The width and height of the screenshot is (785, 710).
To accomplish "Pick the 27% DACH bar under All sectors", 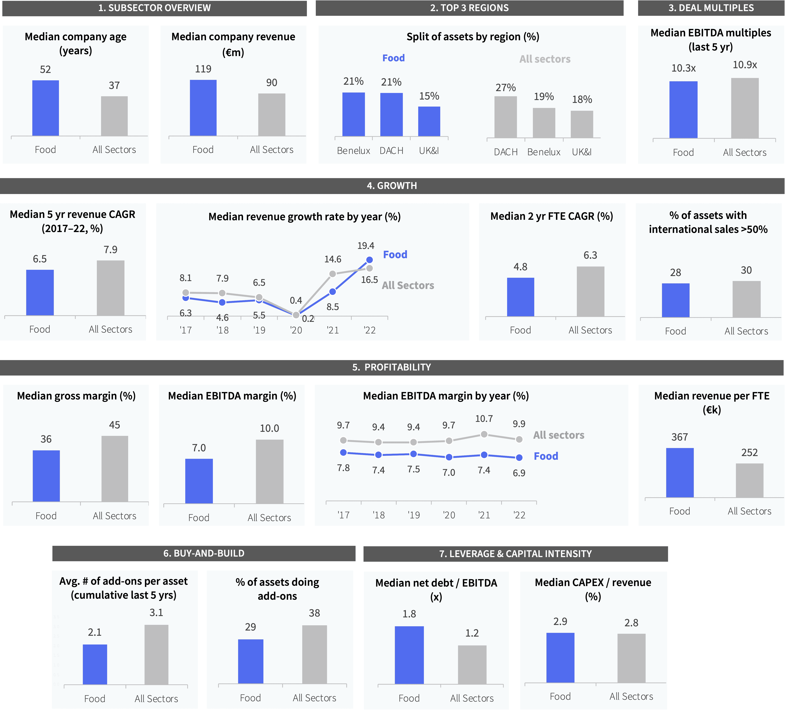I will [505, 117].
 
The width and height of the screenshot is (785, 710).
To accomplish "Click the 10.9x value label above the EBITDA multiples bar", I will [745, 65].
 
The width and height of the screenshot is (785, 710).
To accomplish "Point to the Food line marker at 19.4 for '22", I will [370, 260].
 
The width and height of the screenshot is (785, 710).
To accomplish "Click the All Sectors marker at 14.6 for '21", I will [332, 274].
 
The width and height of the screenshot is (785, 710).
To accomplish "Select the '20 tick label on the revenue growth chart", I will [296, 330].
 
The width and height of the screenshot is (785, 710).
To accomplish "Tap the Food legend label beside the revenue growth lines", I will [395, 255].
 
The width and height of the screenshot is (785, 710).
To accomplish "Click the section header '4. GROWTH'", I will [392, 186].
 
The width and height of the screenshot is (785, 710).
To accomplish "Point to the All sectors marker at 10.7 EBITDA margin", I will [484, 434].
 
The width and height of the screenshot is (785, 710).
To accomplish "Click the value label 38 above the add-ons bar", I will [314, 613].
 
